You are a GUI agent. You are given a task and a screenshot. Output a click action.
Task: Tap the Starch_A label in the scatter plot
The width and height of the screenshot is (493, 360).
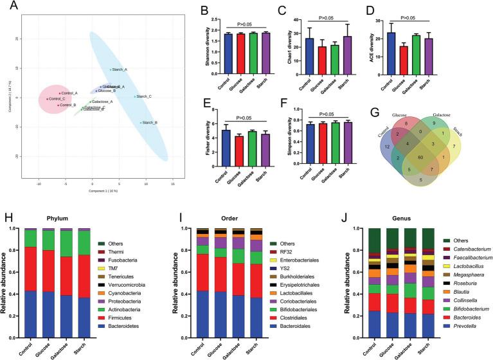point(120,69)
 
